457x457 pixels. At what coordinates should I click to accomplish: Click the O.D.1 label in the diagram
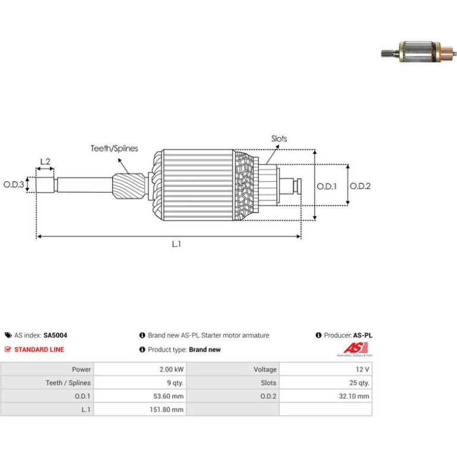coord(326,186)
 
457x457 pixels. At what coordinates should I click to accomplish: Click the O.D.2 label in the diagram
coord(360,186)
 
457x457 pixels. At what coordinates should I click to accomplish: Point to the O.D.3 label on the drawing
coord(14,185)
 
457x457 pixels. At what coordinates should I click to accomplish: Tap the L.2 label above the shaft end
coord(45,161)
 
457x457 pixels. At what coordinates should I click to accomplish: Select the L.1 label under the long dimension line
coord(176,244)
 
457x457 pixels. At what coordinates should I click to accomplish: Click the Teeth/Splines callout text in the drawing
coord(114,148)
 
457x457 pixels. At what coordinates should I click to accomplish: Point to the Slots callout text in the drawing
coord(279,139)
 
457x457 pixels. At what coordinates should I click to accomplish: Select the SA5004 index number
coord(55,335)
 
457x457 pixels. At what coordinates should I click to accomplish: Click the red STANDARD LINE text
coord(39,350)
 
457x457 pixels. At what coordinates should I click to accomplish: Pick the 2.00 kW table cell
coord(172,369)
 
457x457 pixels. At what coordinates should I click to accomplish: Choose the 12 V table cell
coord(362,369)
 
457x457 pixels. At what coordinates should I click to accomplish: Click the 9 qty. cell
coord(175,383)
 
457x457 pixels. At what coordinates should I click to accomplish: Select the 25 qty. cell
coord(359,383)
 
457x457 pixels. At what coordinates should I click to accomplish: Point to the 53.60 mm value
coord(169,396)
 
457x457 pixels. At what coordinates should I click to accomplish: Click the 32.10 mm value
coord(354,396)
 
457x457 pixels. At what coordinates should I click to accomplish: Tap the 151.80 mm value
coord(166,410)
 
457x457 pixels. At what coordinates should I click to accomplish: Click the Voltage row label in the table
coord(265,369)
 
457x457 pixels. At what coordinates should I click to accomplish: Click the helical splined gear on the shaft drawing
coord(129,186)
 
